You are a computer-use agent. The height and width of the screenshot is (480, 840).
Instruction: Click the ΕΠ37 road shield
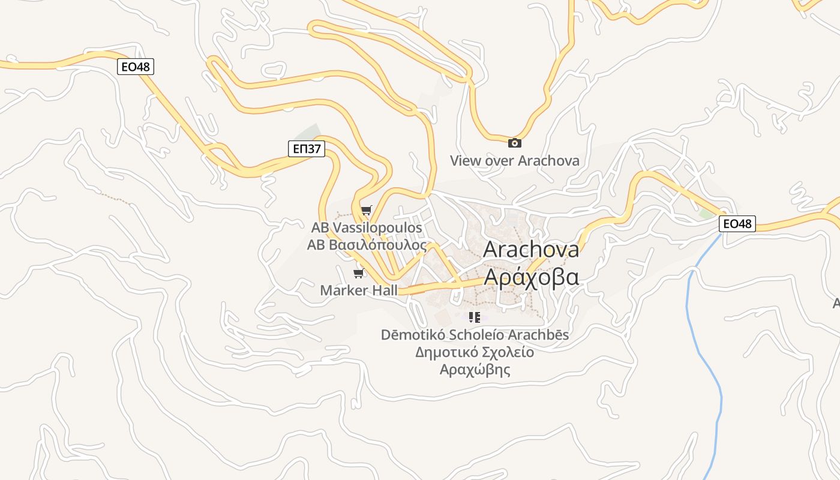click(306, 149)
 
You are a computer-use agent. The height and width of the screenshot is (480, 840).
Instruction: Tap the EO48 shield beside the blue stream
click(737, 224)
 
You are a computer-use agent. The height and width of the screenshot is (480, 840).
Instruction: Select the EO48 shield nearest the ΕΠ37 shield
click(135, 67)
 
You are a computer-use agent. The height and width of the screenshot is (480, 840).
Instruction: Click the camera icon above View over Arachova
click(514, 143)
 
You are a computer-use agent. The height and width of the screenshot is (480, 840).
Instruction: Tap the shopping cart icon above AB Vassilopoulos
click(366, 210)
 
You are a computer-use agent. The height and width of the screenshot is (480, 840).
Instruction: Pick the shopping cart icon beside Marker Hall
click(358, 274)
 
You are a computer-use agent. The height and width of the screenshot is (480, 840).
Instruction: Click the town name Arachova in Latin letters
click(530, 249)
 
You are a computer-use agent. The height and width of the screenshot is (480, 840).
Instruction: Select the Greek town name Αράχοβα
click(530, 277)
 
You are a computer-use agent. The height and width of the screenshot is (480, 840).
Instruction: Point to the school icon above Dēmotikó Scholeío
click(475, 317)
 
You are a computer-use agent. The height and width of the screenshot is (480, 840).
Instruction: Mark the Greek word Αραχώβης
click(475, 369)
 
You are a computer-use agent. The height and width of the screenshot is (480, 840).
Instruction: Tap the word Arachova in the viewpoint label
click(548, 161)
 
